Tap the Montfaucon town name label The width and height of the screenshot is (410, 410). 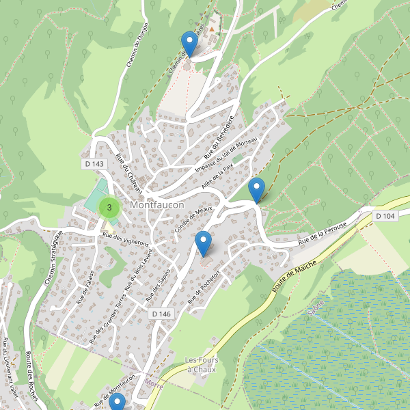coord(158,204)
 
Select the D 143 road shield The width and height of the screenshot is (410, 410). coord(95,164)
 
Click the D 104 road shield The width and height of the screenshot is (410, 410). coord(385,216)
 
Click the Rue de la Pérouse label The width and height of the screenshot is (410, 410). coord(323,234)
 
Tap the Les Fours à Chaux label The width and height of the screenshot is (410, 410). coord(200,364)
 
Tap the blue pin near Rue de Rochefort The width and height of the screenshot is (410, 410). coord(203,244)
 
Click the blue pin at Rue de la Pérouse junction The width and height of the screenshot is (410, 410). coord(256,189)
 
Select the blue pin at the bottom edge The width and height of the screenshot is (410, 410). coord(117,404)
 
